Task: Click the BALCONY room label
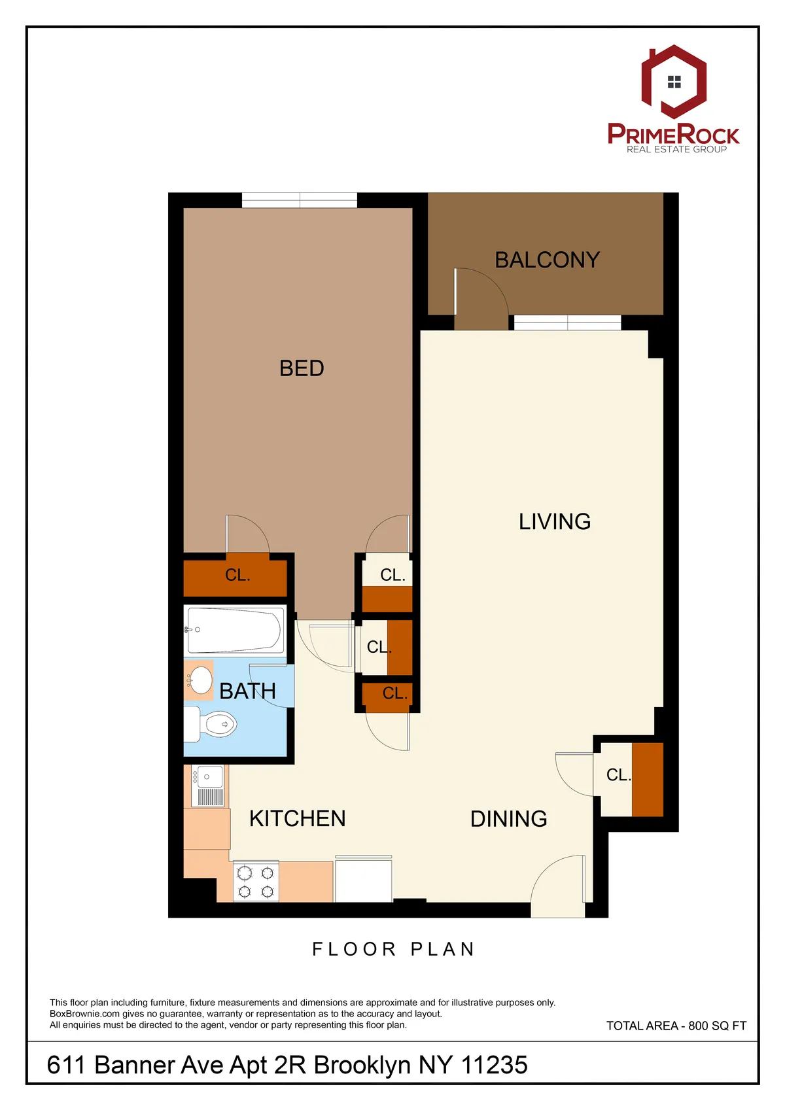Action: pyautogui.click(x=547, y=260)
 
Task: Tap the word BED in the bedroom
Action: pyautogui.click(x=302, y=368)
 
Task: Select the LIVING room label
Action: pyautogui.click(x=555, y=521)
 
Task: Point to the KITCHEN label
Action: pyautogui.click(x=298, y=818)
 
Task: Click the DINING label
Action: pyautogui.click(x=508, y=819)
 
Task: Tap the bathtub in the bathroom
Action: pyautogui.click(x=235, y=630)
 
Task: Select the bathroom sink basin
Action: pyautogui.click(x=200, y=680)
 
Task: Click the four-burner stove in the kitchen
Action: pyautogui.click(x=256, y=882)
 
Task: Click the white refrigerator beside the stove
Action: pyautogui.click(x=363, y=880)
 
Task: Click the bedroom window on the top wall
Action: pyautogui.click(x=300, y=200)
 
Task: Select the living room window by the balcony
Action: pyautogui.click(x=567, y=322)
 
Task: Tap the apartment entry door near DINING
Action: pyautogui.click(x=559, y=886)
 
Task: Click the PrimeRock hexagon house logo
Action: pyautogui.click(x=674, y=82)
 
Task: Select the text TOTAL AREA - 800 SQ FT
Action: pyautogui.click(x=676, y=1026)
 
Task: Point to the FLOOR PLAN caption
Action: pyautogui.click(x=392, y=949)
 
